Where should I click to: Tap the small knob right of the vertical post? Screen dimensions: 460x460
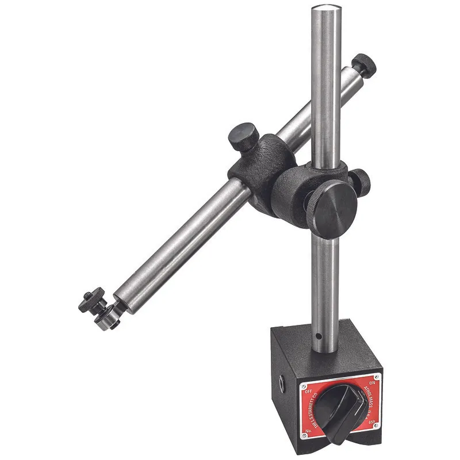pos(361,179)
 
